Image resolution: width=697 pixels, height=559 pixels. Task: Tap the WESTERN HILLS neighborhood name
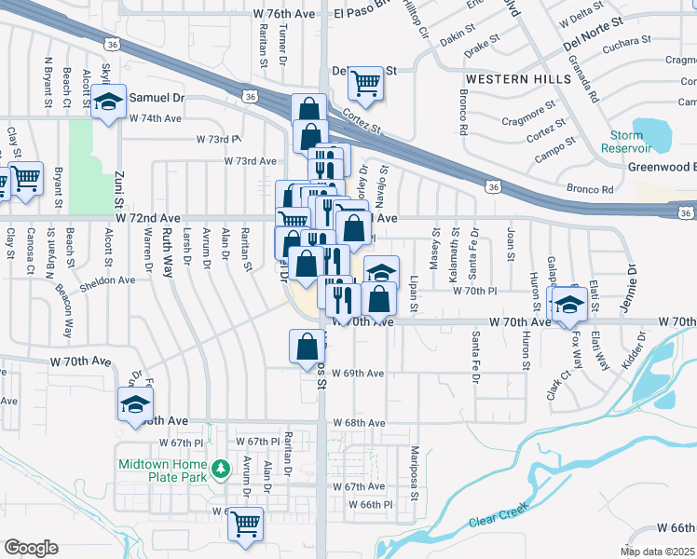[518, 79]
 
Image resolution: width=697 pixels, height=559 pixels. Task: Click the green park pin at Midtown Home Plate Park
[221, 469]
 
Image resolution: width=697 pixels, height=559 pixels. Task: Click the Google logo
[31, 548]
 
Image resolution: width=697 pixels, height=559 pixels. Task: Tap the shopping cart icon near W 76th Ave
[366, 83]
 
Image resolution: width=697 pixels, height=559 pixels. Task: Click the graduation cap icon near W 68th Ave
[135, 404]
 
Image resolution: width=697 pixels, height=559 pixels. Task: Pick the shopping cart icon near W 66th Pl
[246, 524]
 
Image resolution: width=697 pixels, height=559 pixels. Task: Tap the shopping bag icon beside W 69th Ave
[307, 347]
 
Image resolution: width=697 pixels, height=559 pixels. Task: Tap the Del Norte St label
[590, 39]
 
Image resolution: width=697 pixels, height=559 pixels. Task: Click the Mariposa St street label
[415, 471]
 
